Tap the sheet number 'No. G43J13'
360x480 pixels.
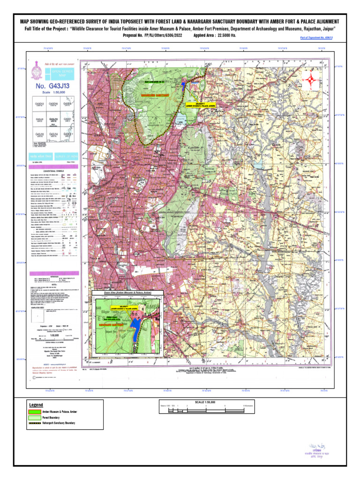(52, 87)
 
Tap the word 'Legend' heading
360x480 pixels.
(36, 405)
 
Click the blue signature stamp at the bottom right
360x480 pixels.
(319, 450)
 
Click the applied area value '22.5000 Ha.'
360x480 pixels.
(227, 35)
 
